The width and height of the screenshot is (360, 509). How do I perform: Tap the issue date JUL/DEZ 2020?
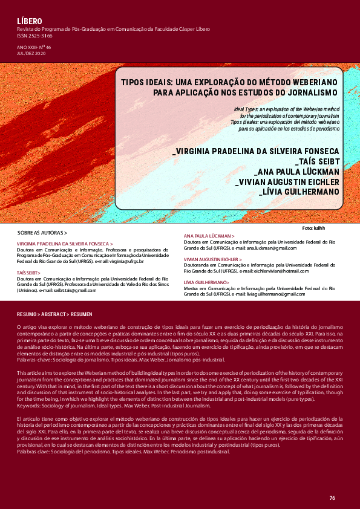(32, 53)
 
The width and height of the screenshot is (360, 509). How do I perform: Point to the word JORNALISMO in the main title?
(306, 92)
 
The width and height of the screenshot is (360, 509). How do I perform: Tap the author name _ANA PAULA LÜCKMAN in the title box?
(296, 171)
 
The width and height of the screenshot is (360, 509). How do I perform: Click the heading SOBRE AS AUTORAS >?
(42, 232)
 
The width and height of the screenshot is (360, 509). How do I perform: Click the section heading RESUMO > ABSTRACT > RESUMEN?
(54, 315)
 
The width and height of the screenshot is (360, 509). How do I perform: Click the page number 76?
(332, 498)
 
